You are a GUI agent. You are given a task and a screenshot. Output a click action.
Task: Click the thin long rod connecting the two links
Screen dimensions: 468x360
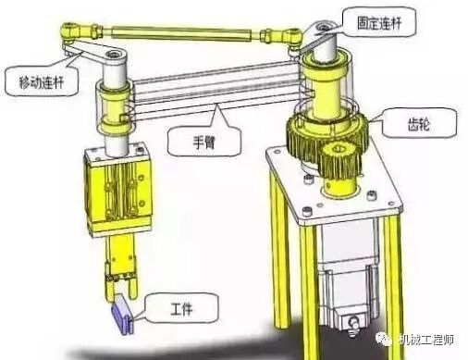176,33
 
